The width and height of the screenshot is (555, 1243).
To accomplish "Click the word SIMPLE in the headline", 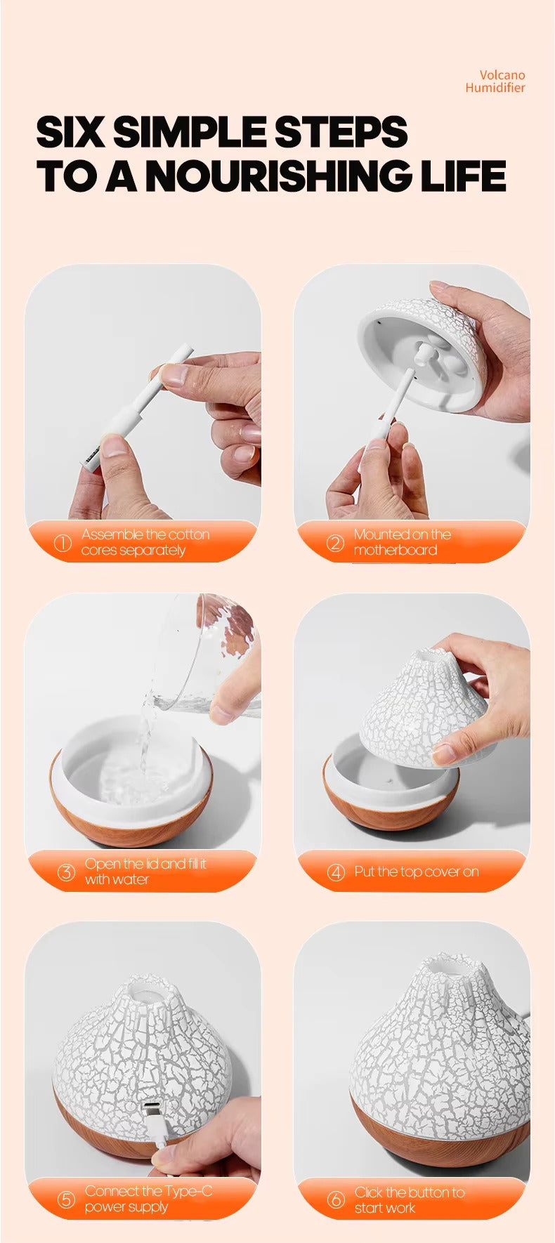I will click(x=192, y=132).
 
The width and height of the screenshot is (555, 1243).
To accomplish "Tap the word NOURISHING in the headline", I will click(x=281, y=176).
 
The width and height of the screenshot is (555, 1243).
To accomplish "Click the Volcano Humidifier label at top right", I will click(x=495, y=81).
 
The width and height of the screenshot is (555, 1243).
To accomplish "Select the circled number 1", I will click(x=63, y=543).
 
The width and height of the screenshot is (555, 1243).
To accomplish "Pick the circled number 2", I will click(x=335, y=543).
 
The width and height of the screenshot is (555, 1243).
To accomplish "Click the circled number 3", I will click(x=66, y=872).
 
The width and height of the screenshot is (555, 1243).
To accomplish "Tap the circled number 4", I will click(x=337, y=872).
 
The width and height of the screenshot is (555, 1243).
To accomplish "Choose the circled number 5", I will click(x=66, y=1199).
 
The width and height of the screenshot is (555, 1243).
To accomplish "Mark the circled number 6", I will click(x=337, y=1200).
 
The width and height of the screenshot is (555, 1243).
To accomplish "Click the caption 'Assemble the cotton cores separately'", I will click(x=145, y=542).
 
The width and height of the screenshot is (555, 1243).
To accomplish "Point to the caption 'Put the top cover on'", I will click(x=416, y=872).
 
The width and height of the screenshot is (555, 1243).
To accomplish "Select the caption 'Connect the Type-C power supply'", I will click(x=148, y=1199).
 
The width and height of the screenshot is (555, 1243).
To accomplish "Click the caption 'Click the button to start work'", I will click(x=409, y=1200).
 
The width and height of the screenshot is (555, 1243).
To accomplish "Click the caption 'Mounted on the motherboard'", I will click(x=402, y=542).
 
